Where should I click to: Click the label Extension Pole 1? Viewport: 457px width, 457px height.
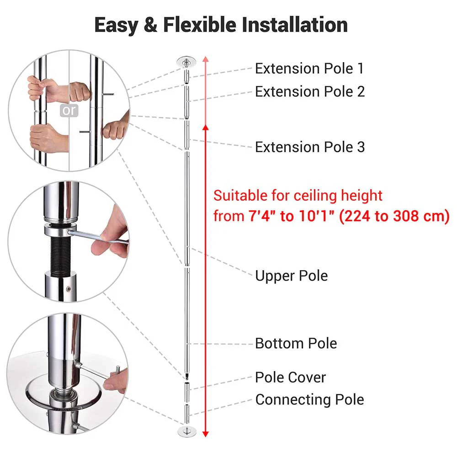point(309,69)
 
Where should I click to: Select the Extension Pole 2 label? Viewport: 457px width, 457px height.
point(310,91)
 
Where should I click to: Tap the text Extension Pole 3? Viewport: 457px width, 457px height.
point(310,147)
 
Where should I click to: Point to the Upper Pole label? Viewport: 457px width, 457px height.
point(291,276)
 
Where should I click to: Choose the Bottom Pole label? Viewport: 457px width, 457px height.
point(296,343)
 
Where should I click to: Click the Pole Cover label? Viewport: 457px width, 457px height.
point(290,377)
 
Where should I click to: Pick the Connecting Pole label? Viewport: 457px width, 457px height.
point(309,399)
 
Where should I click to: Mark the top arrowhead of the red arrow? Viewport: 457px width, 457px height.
point(206,60)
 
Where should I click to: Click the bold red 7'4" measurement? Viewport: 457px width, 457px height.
point(262,216)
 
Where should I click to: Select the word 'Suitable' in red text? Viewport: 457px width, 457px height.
point(242,196)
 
